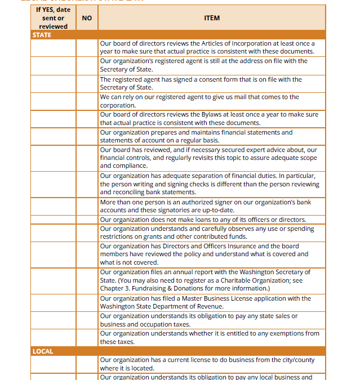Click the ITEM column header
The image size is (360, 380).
point(212,18)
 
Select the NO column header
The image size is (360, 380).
point(87,18)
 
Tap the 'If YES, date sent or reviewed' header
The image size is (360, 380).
point(53,18)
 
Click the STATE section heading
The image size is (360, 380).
point(42,35)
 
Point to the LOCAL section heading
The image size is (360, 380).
point(43,351)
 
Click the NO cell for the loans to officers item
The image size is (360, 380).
point(87,220)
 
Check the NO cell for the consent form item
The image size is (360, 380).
point(87,83)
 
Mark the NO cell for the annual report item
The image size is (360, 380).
point(87,280)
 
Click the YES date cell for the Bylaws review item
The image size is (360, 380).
point(53,119)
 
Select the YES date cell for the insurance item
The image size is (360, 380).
point(53,254)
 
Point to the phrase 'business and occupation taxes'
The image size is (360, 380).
point(145,324)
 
